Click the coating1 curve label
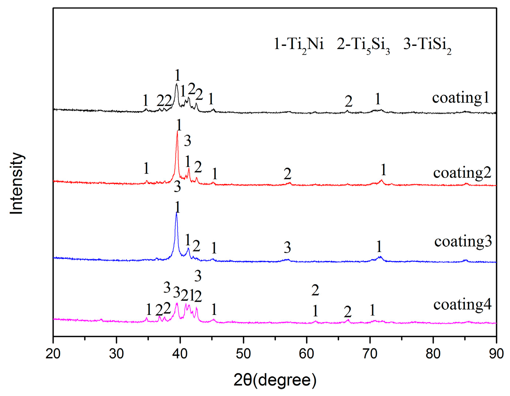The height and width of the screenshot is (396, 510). click(461, 98)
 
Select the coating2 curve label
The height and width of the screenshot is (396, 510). click(462, 172)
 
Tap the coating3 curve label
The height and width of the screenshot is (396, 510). click(463, 241)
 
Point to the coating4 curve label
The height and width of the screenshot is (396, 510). click(462, 304)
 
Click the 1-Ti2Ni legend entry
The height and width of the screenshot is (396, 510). click(299, 44)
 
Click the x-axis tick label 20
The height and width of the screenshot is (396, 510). click(53, 354)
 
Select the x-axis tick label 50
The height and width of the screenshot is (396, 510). click(243, 354)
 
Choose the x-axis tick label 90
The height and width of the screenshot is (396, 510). click(496, 354)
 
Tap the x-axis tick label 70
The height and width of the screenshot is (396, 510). click(370, 354)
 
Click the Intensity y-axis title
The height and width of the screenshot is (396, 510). click(17, 183)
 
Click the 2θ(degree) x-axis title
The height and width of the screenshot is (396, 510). click(275, 380)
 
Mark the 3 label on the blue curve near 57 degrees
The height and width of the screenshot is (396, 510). click(287, 247)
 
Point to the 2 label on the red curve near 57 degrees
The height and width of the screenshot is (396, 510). click(287, 174)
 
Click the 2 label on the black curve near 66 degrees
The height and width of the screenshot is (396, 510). click(348, 101)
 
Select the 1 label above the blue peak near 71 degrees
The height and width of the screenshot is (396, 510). click(379, 247)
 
